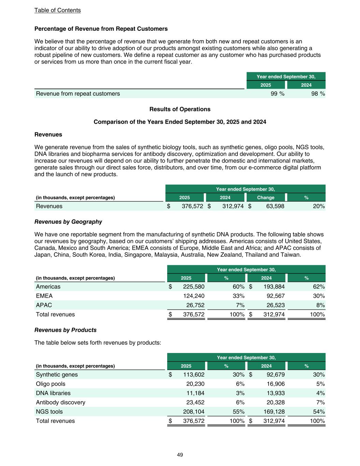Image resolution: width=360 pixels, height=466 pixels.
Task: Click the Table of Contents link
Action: (x=57, y=10)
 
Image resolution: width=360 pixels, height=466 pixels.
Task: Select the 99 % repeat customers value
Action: (x=277, y=94)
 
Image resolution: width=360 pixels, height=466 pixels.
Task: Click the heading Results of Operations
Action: (x=180, y=109)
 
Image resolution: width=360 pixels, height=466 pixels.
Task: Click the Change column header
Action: (x=265, y=198)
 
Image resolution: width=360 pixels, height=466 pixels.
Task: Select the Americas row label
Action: (x=48, y=287)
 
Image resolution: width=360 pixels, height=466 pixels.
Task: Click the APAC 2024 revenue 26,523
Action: (x=274, y=305)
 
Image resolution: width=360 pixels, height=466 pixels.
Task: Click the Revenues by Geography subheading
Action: (x=68, y=222)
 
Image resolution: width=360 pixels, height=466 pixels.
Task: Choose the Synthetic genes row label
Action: (x=57, y=375)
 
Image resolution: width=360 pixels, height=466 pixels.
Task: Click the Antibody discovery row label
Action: (x=60, y=403)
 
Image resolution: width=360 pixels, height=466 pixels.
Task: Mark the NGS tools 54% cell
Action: (x=319, y=412)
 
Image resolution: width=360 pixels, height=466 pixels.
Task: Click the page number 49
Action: (x=180, y=455)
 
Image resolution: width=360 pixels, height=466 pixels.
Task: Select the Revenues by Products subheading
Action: (x=66, y=330)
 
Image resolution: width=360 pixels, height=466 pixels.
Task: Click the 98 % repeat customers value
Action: (x=318, y=94)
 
